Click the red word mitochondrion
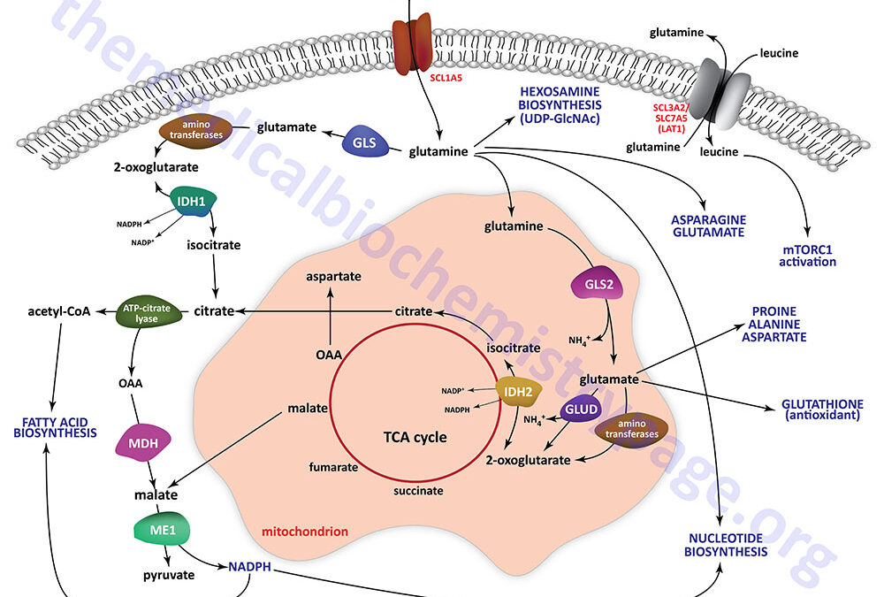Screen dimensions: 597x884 tap(305, 532)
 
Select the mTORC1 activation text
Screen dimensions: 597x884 tap(807, 255)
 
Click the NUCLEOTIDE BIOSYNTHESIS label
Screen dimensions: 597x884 tap(730, 544)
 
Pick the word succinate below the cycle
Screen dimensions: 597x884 tap(418, 489)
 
